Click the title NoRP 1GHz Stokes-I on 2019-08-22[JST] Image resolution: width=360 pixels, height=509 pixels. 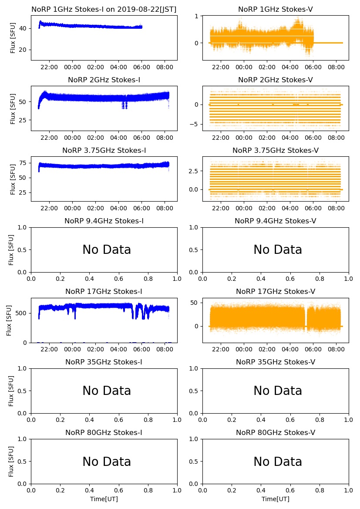[x=104, y=10]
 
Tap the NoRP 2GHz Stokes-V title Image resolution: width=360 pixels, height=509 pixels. [x=275, y=80]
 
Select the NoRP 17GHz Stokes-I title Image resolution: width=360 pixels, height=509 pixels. [x=104, y=292]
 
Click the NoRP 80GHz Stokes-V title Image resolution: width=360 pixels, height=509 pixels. [x=275, y=433]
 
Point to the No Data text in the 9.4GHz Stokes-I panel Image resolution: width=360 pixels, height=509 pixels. [x=107, y=250]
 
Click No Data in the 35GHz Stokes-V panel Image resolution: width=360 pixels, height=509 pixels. [x=278, y=391]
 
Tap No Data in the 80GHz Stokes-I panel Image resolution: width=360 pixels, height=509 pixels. [x=107, y=462]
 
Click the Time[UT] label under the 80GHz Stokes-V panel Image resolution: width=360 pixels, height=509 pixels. [x=275, y=499]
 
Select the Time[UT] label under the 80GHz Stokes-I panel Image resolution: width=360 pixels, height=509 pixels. [x=104, y=499]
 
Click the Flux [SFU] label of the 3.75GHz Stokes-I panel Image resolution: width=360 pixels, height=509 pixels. [x=13, y=179]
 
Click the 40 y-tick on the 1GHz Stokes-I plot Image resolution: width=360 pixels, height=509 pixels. [x=24, y=28]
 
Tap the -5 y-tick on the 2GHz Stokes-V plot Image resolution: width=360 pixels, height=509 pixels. [x=196, y=125]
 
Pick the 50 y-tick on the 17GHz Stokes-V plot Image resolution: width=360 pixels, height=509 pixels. [x=195, y=303]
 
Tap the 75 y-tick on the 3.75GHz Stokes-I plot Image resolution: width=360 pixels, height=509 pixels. [x=24, y=163]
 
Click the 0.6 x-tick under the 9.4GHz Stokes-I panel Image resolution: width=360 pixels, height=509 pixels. [x=119, y=279]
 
